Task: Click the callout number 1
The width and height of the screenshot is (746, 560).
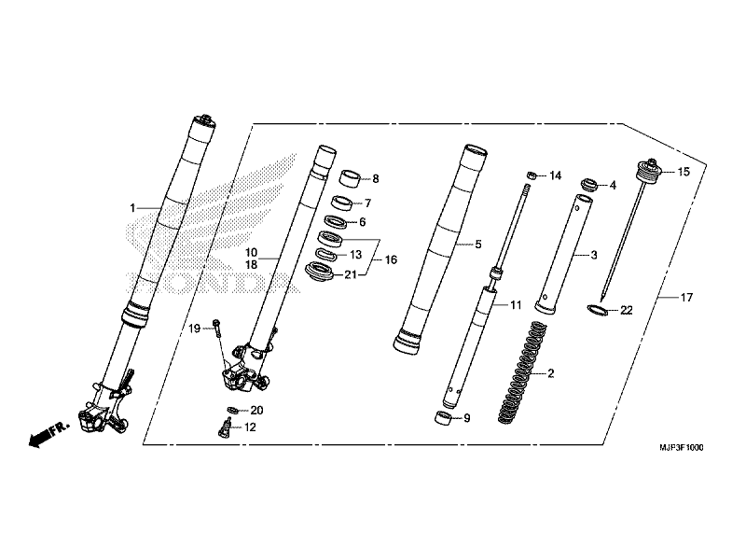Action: pyautogui.click(x=132, y=207)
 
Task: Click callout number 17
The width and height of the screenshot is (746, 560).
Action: pyautogui.click(x=686, y=298)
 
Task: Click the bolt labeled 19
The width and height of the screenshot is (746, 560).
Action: pyautogui.click(x=216, y=327)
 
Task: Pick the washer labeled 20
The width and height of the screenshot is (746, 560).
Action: pyautogui.click(x=231, y=410)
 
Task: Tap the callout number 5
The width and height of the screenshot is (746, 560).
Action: pyautogui.click(x=477, y=245)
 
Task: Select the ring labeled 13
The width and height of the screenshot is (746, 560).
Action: pyautogui.click(x=325, y=253)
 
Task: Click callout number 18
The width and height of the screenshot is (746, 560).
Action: pyautogui.click(x=251, y=265)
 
